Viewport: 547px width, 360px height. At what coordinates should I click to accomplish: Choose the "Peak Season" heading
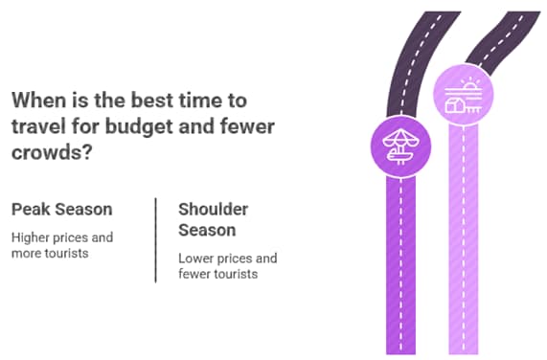tap(61, 209)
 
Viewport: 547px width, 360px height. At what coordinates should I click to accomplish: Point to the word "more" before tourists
tap(27, 253)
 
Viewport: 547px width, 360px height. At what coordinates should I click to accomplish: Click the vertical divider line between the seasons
tap(156, 240)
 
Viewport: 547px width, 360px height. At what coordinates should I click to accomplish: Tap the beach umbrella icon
tap(401, 146)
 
